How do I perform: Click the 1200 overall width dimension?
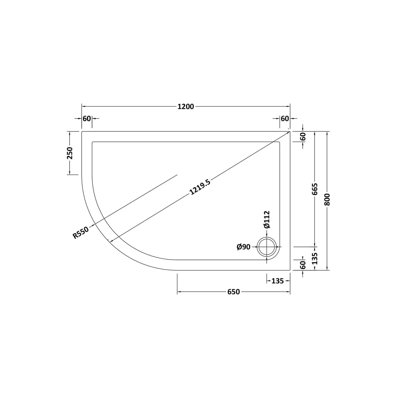[x=186, y=107]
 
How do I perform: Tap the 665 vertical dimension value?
[x=314, y=189]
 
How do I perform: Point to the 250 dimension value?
[x=70, y=153]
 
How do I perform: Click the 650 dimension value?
[x=233, y=292]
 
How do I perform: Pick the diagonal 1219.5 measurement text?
[x=200, y=187]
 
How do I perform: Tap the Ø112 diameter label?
[x=267, y=219]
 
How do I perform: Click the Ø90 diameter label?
[x=243, y=247]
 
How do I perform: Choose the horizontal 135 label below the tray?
[x=277, y=281]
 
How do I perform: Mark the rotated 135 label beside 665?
[x=314, y=259]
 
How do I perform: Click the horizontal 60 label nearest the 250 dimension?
[x=87, y=119]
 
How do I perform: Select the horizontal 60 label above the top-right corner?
[x=285, y=119]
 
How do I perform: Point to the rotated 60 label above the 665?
[x=303, y=136]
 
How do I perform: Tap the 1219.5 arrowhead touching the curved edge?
[x=111, y=241]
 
